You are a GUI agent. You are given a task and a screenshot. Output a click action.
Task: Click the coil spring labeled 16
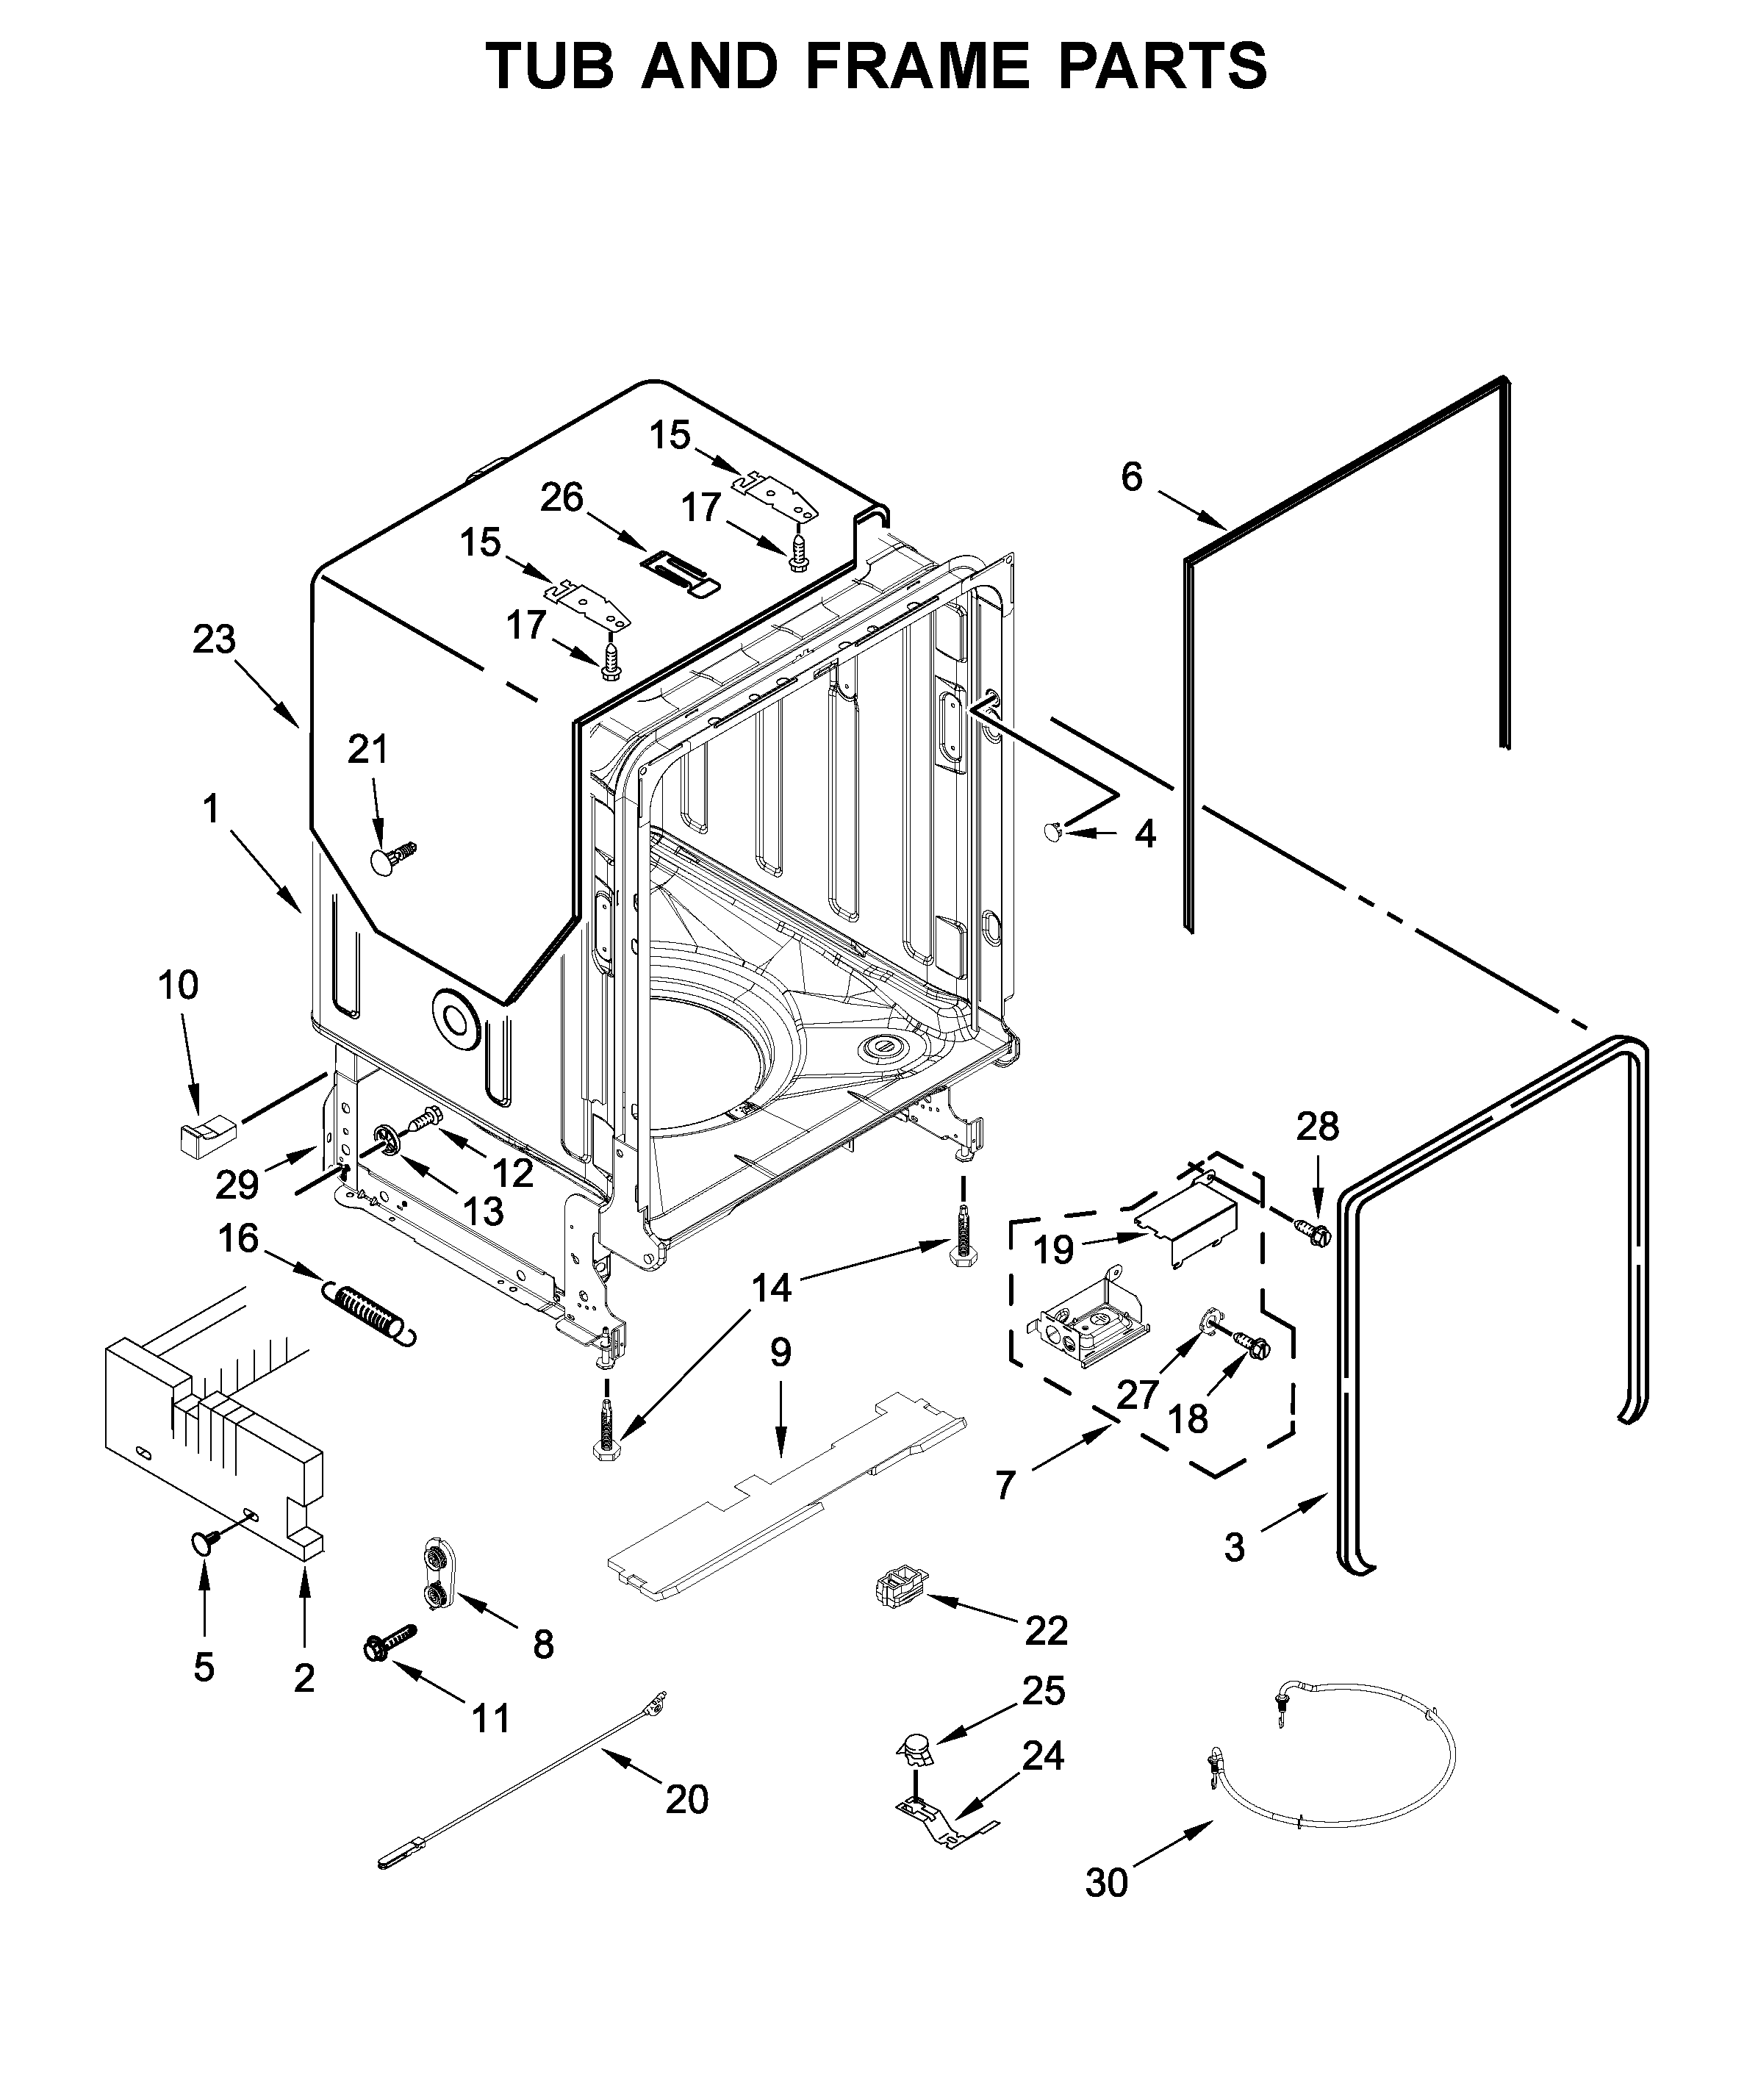pyautogui.click(x=367, y=1316)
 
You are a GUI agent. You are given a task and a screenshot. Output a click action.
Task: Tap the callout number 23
pyautogui.click(x=215, y=640)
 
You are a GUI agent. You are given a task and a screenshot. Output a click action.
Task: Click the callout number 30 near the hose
pyautogui.click(x=1106, y=1883)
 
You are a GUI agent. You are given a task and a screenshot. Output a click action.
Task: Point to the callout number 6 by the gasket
pyautogui.click(x=1131, y=478)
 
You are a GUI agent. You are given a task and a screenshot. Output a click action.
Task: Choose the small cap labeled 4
pyautogui.click(x=1053, y=829)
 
